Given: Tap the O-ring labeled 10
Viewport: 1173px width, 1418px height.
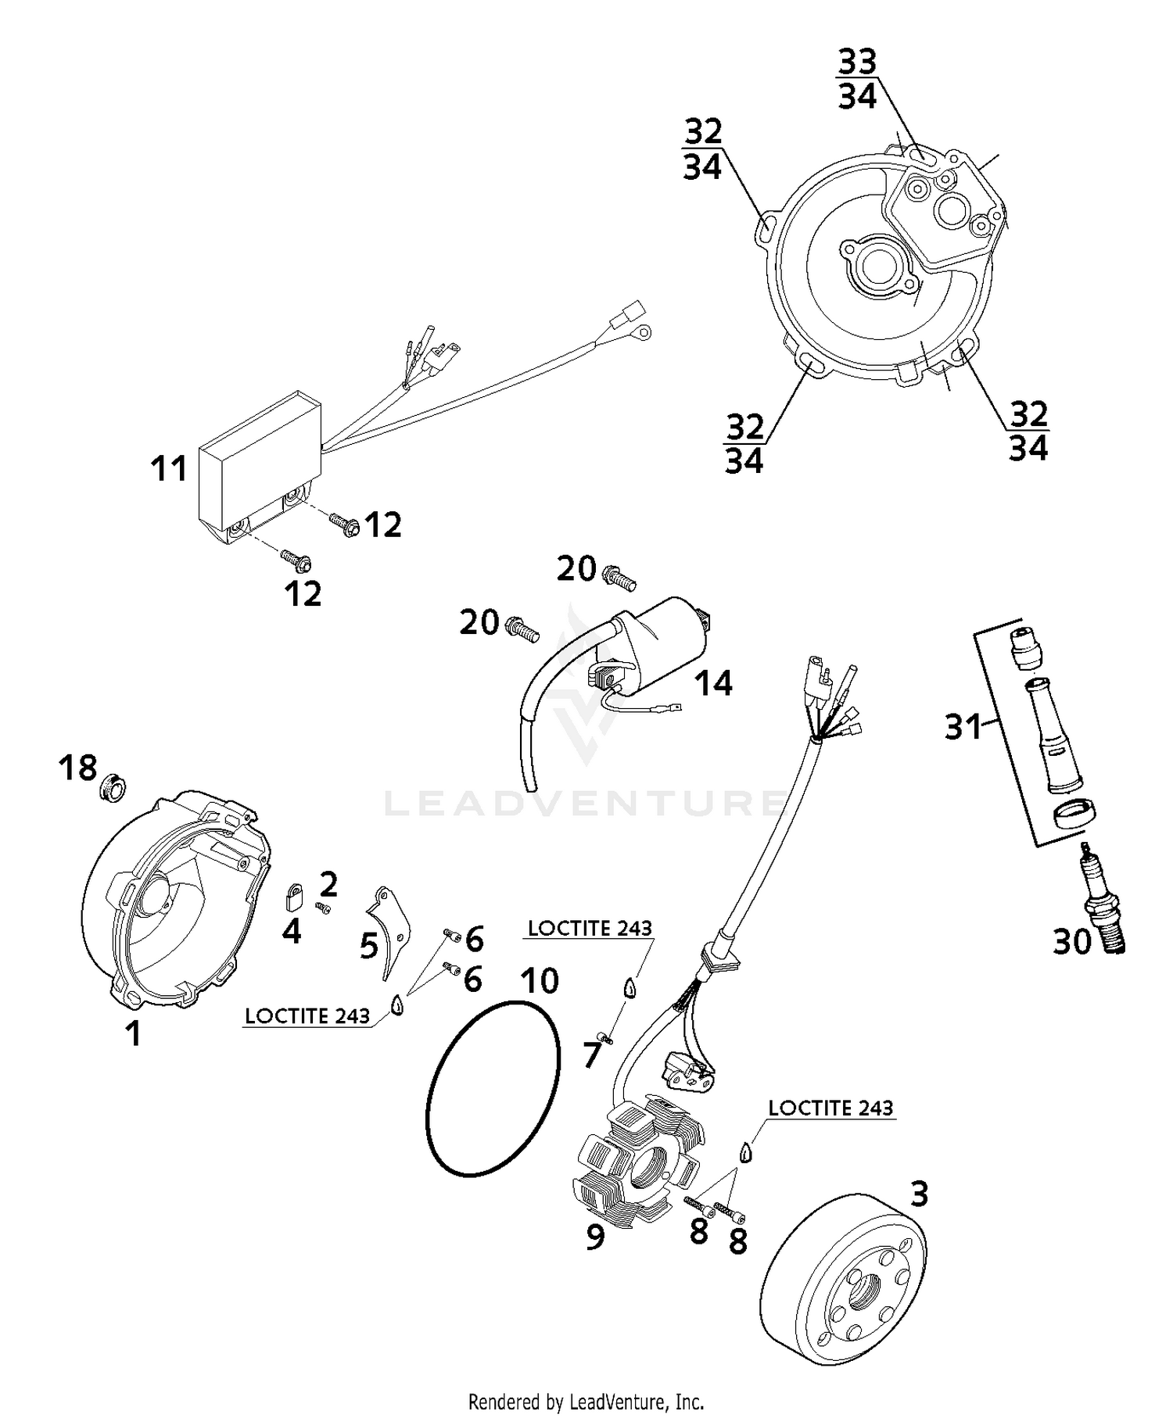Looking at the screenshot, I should [x=494, y=1087].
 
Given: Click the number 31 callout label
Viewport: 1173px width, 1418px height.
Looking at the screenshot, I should [x=962, y=727].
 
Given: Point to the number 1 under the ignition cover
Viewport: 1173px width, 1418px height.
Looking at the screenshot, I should [x=134, y=1033].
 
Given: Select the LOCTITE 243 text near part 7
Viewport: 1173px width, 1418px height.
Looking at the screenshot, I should [x=590, y=928].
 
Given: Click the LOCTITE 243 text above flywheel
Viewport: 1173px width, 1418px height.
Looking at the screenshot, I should [x=830, y=1108].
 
